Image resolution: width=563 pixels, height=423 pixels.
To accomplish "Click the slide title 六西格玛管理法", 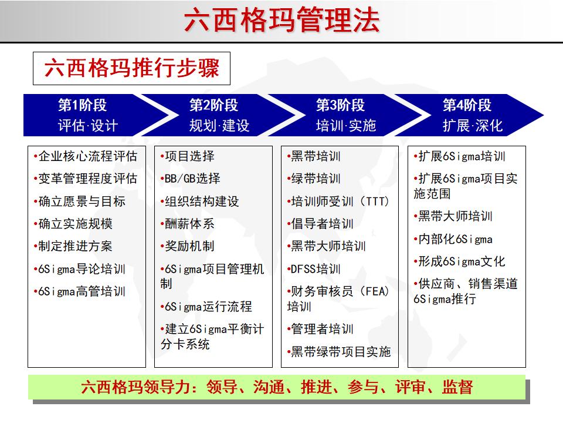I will [x=281, y=21].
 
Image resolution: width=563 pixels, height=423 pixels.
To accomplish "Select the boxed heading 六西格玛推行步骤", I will [x=132, y=69].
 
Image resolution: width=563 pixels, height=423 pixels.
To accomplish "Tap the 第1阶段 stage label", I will [x=82, y=106].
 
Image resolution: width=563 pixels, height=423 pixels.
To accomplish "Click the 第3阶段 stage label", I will [x=340, y=106].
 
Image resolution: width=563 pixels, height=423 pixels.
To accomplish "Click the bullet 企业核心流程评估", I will [x=87, y=156].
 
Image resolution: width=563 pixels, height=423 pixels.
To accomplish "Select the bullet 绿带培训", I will [x=316, y=179].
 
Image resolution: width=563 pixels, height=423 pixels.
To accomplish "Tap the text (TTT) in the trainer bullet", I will [x=375, y=202].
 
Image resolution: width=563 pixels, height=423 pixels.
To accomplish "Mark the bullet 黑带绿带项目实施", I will [x=341, y=352].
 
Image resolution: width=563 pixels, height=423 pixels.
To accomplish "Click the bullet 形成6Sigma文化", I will [x=461, y=261].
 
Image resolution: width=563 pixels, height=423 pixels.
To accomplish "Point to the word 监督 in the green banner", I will [x=457, y=388].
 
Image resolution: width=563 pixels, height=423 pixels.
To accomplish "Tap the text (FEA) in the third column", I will [x=375, y=292].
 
